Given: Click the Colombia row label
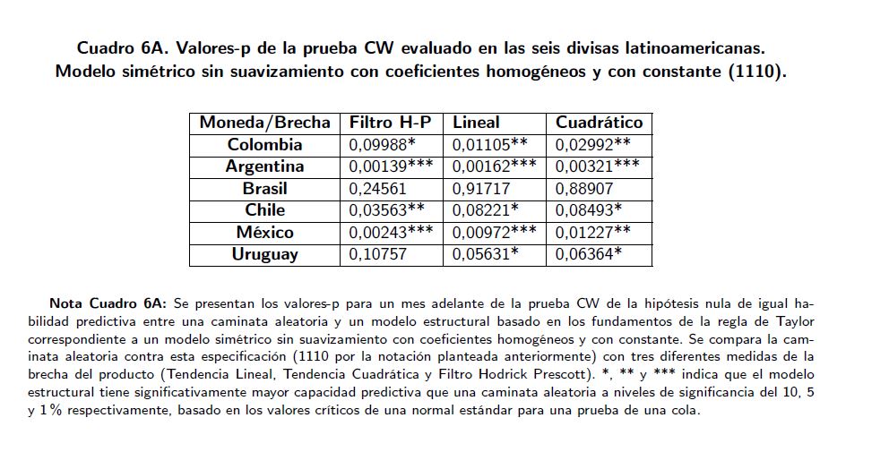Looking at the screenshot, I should click(x=264, y=145).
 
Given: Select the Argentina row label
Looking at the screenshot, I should click(x=264, y=166).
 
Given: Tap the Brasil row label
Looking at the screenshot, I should click(x=264, y=189).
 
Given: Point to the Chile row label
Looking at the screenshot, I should click(x=264, y=210).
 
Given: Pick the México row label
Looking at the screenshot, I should click(x=264, y=233).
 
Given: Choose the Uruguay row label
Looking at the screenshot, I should click(x=264, y=254).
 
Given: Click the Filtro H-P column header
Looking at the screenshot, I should click(x=390, y=123).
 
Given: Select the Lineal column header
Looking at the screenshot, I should click(x=476, y=123).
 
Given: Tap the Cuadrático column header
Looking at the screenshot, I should click(x=599, y=123).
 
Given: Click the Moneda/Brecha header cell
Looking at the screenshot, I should click(x=264, y=123).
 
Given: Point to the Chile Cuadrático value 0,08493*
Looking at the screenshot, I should click(x=588, y=210).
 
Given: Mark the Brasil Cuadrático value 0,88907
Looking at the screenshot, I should click(x=583, y=189).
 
